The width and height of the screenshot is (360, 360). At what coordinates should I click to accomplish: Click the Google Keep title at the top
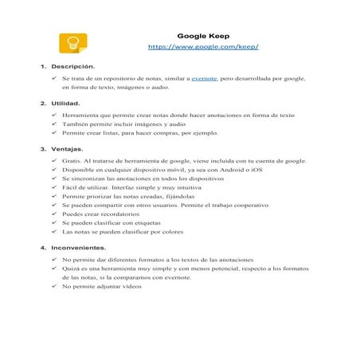(x=203, y=36)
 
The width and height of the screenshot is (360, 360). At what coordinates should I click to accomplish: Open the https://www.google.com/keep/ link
(x=203, y=48)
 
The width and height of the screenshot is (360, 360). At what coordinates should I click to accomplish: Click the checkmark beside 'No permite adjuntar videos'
(x=53, y=287)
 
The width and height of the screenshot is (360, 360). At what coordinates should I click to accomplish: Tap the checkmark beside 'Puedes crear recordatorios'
(x=53, y=214)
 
